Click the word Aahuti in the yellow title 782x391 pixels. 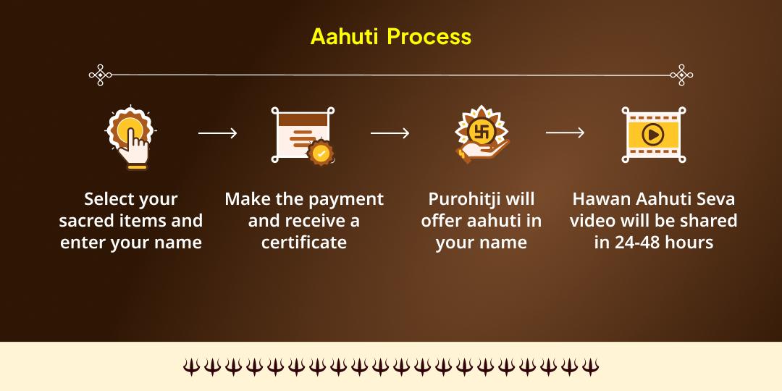click(x=344, y=37)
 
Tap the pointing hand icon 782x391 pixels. click(x=131, y=138)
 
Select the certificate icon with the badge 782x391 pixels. click(x=303, y=135)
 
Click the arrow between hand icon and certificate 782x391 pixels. click(x=217, y=133)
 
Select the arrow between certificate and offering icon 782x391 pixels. click(x=390, y=133)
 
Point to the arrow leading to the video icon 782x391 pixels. click(x=565, y=133)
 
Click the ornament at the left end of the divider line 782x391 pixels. click(x=100, y=75)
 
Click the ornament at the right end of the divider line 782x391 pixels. click(x=681, y=75)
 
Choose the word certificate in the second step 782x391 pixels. click(x=304, y=243)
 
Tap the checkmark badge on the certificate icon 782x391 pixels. click(x=320, y=154)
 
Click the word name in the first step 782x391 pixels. click(x=180, y=243)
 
